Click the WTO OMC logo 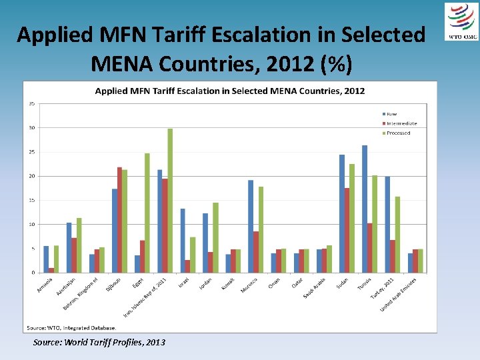click(x=461, y=21)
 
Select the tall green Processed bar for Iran click(x=170, y=201)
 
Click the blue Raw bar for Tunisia click(x=365, y=209)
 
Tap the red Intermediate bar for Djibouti click(x=120, y=220)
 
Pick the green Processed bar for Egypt click(x=147, y=213)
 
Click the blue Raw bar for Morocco click(x=251, y=226)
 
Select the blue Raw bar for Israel click(x=183, y=241)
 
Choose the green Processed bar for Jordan click(x=215, y=237)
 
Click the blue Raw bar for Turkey click(x=387, y=225)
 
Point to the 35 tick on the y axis click(x=32, y=103)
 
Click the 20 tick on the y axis click(x=32, y=176)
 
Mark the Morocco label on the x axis click(x=249, y=285)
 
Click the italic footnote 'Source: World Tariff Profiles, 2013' click(x=99, y=343)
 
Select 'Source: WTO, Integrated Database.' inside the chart click(x=71, y=327)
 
